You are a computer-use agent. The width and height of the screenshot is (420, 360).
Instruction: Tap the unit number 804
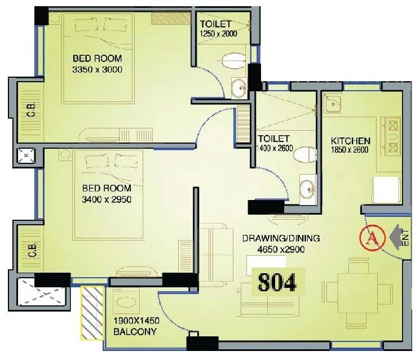click(277, 282)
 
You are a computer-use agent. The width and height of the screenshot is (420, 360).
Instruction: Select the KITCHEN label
click(350, 141)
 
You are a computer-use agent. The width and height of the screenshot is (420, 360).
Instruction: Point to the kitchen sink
click(333, 104)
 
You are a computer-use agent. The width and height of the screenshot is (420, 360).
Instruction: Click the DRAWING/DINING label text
click(281, 238)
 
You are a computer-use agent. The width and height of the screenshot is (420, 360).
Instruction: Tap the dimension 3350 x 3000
click(97, 69)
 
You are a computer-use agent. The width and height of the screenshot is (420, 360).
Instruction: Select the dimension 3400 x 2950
click(107, 199)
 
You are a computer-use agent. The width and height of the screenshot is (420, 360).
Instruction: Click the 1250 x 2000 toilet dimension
click(218, 34)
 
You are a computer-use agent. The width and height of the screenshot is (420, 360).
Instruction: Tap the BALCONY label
click(135, 332)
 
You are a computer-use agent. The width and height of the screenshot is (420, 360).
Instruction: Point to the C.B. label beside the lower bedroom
click(32, 248)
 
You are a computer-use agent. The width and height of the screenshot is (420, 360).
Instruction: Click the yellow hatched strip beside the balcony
click(92, 313)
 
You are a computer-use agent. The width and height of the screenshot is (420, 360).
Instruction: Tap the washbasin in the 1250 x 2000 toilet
click(238, 87)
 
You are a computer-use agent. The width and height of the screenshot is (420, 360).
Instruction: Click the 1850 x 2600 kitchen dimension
click(351, 150)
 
